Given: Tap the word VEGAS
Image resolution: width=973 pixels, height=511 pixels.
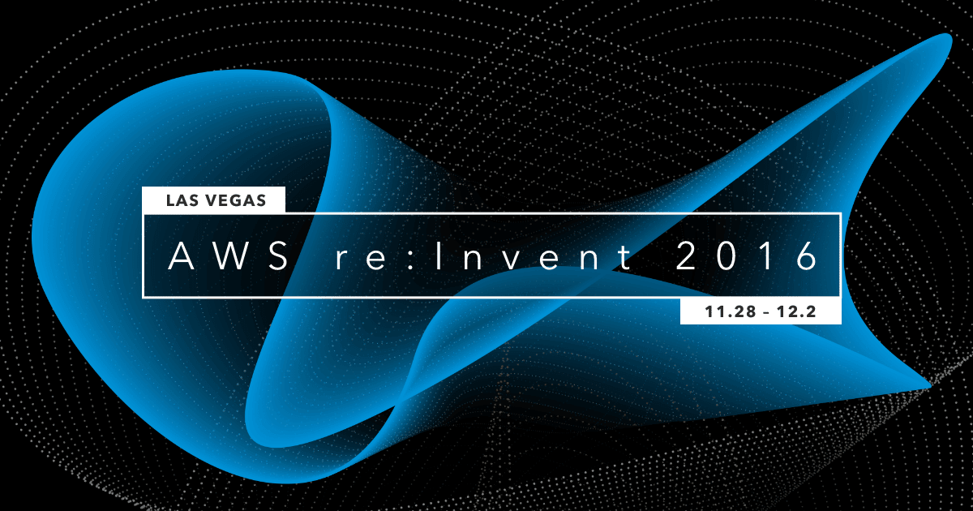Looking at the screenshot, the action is [x=235, y=200].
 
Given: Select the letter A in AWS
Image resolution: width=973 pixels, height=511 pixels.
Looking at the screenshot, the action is [x=181, y=256].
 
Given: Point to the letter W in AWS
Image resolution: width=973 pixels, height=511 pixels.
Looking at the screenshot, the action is [x=229, y=256].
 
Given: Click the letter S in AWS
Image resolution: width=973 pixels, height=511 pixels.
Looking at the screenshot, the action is [x=277, y=256].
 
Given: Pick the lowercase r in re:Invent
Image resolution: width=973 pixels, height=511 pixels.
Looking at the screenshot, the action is [x=343, y=260].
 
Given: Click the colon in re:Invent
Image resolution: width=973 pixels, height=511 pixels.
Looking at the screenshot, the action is [x=410, y=260].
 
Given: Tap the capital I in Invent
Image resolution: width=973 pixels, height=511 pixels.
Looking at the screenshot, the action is [x=438, y=256].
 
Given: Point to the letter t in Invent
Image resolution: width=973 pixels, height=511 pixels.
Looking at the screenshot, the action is [x=625, y=257].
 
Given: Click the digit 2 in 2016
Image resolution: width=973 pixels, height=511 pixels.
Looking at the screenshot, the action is [x=685, y=256].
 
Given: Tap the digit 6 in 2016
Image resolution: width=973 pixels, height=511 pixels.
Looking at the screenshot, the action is [x=807, y=256].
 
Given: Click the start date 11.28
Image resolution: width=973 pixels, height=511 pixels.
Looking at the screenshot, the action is [x=729, y=311].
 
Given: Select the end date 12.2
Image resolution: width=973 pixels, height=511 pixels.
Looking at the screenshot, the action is [x=796, y=311].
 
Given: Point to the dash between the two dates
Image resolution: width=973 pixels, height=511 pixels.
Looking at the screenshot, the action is [x=765, y=312].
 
